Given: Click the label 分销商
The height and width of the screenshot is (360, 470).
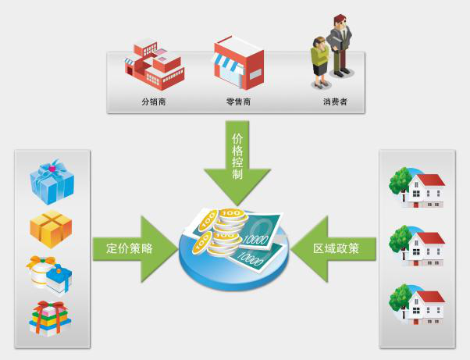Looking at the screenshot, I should click(x=153, y=102).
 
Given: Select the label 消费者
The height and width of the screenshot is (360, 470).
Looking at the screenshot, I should click(x=333, y=102).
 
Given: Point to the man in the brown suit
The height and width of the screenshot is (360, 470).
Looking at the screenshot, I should click(x=340, y=45).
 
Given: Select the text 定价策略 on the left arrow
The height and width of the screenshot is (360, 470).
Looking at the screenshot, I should click(x=130, y=249).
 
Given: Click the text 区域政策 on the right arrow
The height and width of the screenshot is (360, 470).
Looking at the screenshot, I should click(x=336, y=249).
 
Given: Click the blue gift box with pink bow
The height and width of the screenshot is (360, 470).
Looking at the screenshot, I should click(x=52, y=181).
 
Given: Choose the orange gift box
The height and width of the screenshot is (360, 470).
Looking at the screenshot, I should click(x=51, y=228).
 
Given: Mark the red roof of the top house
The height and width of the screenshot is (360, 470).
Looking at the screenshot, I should click(x=430, y=180).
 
